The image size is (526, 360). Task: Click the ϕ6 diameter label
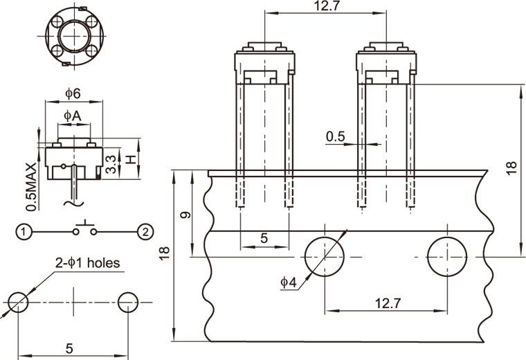(73, 93)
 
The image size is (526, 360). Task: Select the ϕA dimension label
(73, 116)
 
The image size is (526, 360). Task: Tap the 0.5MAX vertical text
(30, 186)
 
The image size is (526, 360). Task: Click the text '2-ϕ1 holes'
(88, 263)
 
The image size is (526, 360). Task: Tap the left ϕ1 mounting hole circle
(18, 302)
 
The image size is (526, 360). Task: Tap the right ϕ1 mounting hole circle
(128, 302)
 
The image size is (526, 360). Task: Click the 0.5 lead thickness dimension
(336, 136)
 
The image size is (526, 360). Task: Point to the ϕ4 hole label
(289, 282)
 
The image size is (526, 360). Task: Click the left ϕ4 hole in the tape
(325, 256)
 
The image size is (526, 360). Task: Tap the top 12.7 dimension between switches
(323, 6)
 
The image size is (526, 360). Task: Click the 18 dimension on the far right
(511, 168)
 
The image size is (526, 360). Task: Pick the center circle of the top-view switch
(73, 35)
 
